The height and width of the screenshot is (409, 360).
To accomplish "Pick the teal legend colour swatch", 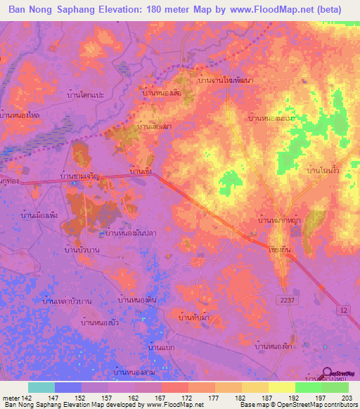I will [41, 387].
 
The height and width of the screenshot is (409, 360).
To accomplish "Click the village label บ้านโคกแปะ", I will [87, 94].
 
